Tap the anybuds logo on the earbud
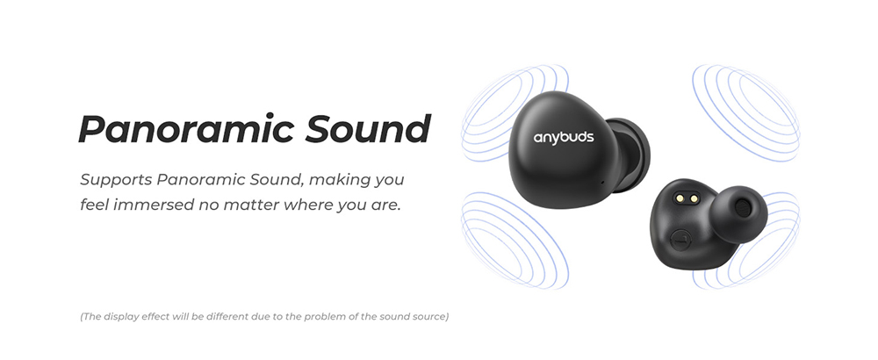click(x=564, y=137)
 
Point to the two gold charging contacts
click(x=687, y=198)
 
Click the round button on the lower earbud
click(x=680, y=241)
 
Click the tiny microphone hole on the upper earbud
click(x=602, y=182)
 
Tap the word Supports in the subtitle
click(x=116, y=180)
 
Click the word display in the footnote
click(x=121, y=317)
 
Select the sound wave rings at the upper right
click(x=745, y=112)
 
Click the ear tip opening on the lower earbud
click(x=743, y=208)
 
